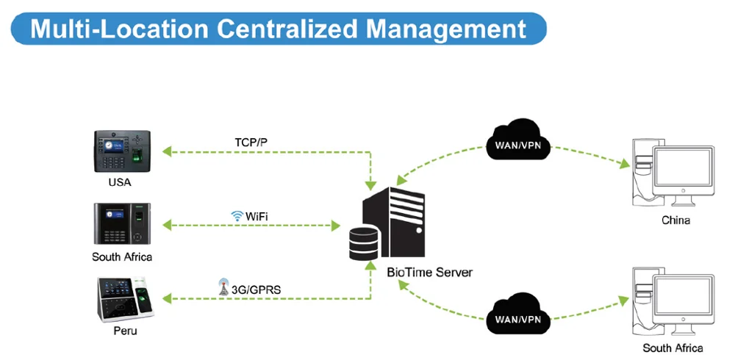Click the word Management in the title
point(446,29)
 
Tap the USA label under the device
point(120,182)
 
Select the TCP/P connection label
point(251,142)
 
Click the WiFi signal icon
point(237,216)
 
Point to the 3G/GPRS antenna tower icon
point(224,287)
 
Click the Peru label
point(125,331)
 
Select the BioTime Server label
point(430,273)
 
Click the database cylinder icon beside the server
point(364,242)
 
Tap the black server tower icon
point(394,222)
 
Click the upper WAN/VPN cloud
point(518,140)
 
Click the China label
point(675,220)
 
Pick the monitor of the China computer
point(684,176)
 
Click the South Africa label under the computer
point(673,348)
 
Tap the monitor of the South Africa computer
point(684,305)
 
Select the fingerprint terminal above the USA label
point(122,151)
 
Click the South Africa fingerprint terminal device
point(122,223)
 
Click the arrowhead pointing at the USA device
point(167,151)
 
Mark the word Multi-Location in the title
point(119,29)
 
